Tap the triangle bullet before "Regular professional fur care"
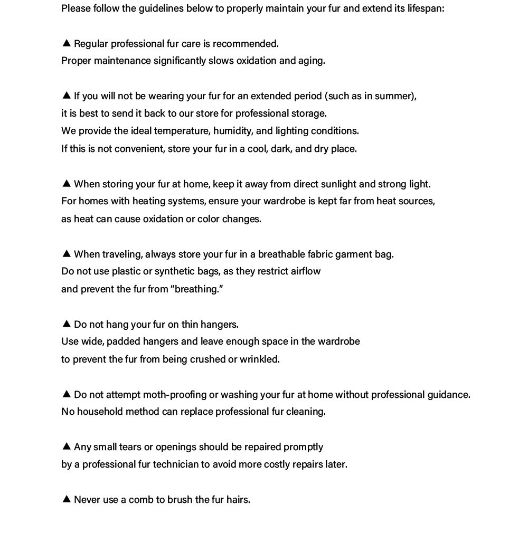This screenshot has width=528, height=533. pos(67,43)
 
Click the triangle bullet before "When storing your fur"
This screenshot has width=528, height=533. pos(67,183)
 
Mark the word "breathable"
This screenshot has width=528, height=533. pos(281,254)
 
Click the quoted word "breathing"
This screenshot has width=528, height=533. pos(197,289)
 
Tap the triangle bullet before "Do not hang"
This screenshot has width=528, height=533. pos(67,323)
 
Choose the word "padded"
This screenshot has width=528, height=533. pos(125,341)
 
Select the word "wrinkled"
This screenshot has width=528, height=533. pos(259,359)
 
